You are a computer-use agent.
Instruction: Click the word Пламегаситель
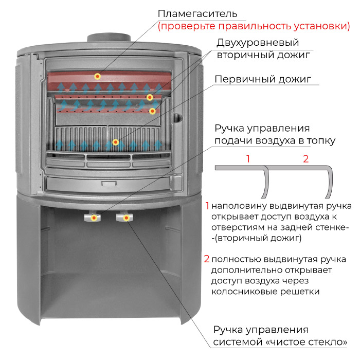[197, 14]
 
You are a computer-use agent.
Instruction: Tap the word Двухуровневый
[258, 43]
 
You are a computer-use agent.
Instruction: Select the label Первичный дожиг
[263, 79]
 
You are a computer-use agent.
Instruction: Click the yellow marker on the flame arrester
[98, 76]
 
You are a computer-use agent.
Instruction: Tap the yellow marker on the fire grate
[116, 142]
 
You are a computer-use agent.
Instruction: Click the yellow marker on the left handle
[94, 218]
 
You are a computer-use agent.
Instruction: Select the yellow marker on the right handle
[126, 218]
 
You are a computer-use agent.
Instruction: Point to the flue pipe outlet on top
[109, 38]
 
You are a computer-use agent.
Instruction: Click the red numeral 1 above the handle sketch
[248, 159]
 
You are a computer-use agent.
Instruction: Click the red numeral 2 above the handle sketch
[305, 159]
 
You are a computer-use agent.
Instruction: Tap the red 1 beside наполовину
[207, 206]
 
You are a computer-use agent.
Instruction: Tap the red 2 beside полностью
[207, 259]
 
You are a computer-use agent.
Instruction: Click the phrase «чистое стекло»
[307, 342]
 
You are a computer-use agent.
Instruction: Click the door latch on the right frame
[177, 118]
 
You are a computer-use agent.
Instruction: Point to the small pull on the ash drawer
[109, 184]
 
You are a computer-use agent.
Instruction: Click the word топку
[321, 141]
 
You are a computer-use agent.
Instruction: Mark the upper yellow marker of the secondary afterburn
[150, 97]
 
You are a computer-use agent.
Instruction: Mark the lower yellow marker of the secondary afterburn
[152, 112]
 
